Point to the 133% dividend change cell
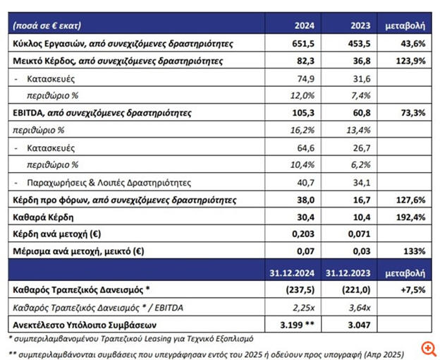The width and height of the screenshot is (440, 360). tap(413, 251)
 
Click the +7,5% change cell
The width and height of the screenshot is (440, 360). tap(411, 289)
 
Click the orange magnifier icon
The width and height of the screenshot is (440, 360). tap(426, 348)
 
